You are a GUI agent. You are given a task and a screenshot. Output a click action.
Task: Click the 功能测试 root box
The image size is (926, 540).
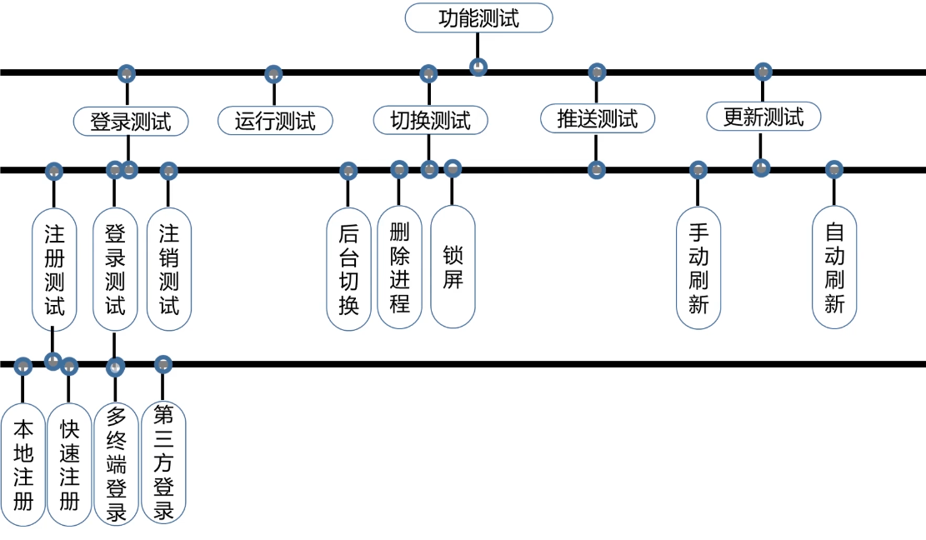479,17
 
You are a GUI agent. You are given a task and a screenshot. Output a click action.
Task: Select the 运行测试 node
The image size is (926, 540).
275,121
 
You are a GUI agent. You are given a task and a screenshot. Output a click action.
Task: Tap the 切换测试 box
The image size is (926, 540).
430,120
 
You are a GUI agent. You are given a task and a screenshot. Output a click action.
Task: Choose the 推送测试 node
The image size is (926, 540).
597,118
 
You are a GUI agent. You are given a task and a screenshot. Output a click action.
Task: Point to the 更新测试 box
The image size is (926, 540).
763,117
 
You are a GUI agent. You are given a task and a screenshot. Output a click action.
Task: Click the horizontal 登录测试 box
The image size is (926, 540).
130,121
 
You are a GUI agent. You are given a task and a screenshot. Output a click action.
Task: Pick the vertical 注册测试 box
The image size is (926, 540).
54,268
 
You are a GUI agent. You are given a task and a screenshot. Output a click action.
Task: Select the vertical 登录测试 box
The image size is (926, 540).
115,268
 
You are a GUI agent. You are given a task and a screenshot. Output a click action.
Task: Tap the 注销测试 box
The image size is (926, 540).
169,268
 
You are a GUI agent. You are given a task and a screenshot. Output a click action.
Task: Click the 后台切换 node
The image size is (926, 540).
348,268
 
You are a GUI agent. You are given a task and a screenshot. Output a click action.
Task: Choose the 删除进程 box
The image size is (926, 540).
399,267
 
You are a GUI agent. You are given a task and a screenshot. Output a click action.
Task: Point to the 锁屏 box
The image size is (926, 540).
453,267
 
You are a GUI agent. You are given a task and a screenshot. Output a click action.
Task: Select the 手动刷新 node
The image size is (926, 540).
698,267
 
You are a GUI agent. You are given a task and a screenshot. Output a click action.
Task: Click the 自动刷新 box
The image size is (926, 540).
834,267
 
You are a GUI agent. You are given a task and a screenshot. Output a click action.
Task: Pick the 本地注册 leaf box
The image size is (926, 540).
23,464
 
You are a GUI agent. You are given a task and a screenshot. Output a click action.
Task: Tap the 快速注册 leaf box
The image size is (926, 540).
69,464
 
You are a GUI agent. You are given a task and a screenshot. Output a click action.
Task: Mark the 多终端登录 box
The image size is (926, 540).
116,464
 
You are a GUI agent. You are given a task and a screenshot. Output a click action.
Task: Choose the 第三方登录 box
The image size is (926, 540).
163,462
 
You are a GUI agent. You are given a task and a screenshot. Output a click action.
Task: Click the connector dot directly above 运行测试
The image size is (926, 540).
273,73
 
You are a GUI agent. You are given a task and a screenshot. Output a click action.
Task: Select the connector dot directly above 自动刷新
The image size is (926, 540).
834,170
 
